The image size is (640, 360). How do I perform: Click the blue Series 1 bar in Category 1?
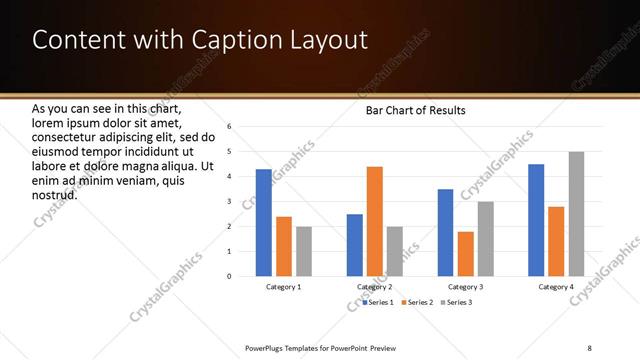point(263,223)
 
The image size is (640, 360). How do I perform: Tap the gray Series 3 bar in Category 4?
point(577,214)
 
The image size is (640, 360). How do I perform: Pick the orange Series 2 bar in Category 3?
point(466,254)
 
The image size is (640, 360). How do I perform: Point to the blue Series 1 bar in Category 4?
point(536,220)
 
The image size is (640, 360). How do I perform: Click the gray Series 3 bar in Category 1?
point(304,251)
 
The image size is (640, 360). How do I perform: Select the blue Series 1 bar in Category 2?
point(355,245)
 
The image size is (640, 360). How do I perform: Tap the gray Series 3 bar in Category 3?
point(486,239)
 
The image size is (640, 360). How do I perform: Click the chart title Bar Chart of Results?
point(415,110)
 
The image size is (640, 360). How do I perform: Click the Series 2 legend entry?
point(418,302)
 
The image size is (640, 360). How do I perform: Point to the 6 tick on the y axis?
point(229,127)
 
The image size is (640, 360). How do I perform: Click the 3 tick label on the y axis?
point(229,202)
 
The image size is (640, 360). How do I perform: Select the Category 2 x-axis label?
point(375,287)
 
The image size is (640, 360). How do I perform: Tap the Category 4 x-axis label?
point(556,287)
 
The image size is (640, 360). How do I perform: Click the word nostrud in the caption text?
point(54,195)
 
